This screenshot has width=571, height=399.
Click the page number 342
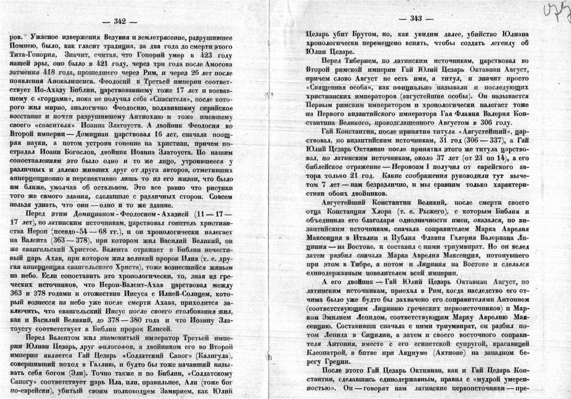point(119,21)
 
